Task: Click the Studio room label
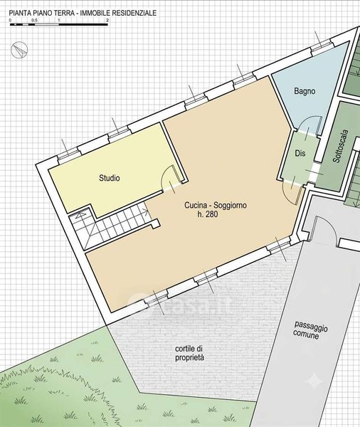pyautogui.click(x=109, y=179)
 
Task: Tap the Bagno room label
pyautogui.click(x=305, y=91)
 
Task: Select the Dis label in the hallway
pyautogui.click(x=300, y=153)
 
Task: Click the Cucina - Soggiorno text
pyautogui.click(x=216, y=205)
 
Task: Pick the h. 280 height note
pyautogui.click(x=208, y=214)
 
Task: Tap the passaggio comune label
pyautogui.click(x=310, y=330)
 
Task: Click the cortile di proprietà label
pyautogui.click(x=189, y=353)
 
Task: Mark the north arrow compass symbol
pyautogui.click(x=19, y=51)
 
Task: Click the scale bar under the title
pyautogui.click(x=59, y=24)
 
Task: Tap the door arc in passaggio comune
pyautogui.click(x=330, y=224)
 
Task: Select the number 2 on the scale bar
pyautogui.click(x=107, y=21)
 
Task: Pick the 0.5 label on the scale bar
pyautogui.click(x=34, y=21)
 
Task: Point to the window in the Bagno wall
pyautogui.click(x=322, y=45)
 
